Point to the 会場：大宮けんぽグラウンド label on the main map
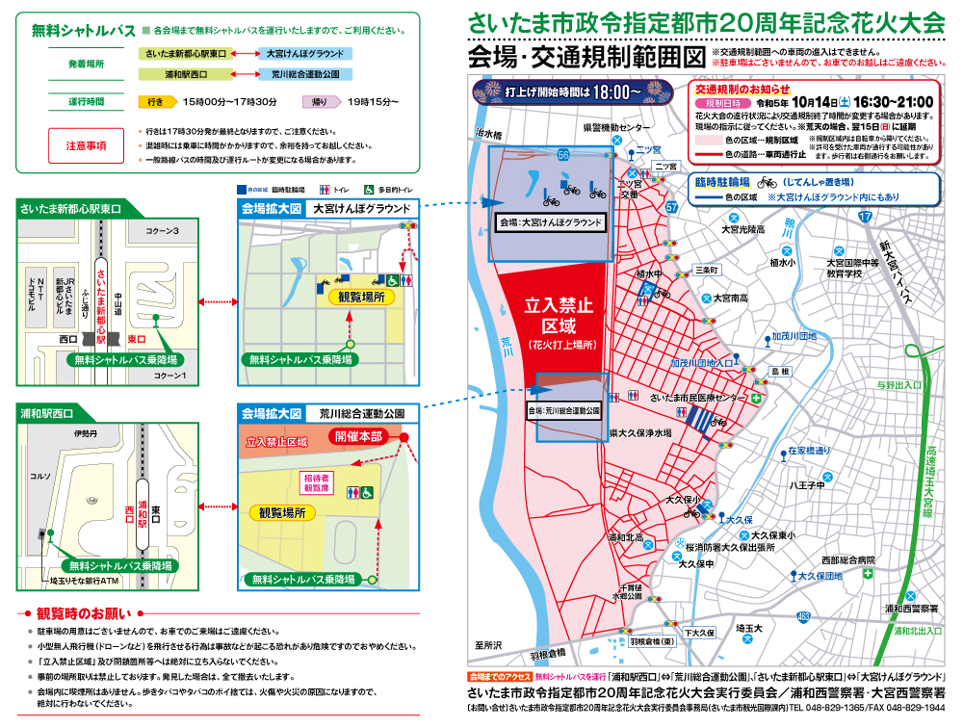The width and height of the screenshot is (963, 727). pos(550,222)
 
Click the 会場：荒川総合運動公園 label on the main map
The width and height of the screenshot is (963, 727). pos(563,409)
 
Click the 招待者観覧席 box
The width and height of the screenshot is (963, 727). pos(317,482)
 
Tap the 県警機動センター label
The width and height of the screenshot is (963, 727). pos(616,127)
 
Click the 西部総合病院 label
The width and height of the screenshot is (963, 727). pos(848,559)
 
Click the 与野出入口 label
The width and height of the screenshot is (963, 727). pos(898,385)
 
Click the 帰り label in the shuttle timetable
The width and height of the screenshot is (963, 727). pos(319,101)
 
